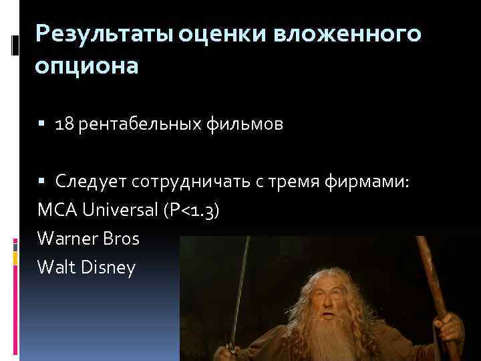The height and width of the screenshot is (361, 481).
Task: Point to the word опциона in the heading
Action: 88,68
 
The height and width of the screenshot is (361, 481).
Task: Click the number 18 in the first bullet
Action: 65,126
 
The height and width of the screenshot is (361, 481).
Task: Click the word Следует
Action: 92,181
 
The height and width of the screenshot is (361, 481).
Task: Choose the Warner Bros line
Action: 88,239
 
